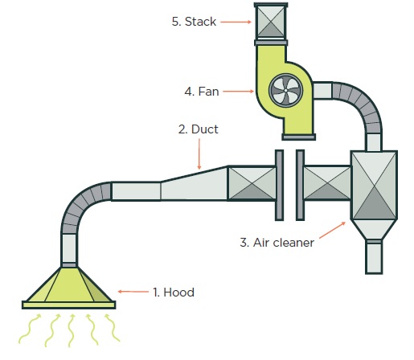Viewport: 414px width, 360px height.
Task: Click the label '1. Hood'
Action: click(173, 292)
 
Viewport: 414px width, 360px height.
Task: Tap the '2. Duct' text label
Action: click(198, 128)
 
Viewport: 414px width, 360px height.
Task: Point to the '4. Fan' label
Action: click(200, 92)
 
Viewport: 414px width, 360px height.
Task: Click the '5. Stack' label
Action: click(194, 22)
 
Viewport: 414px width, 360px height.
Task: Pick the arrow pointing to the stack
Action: click(236, 22)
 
